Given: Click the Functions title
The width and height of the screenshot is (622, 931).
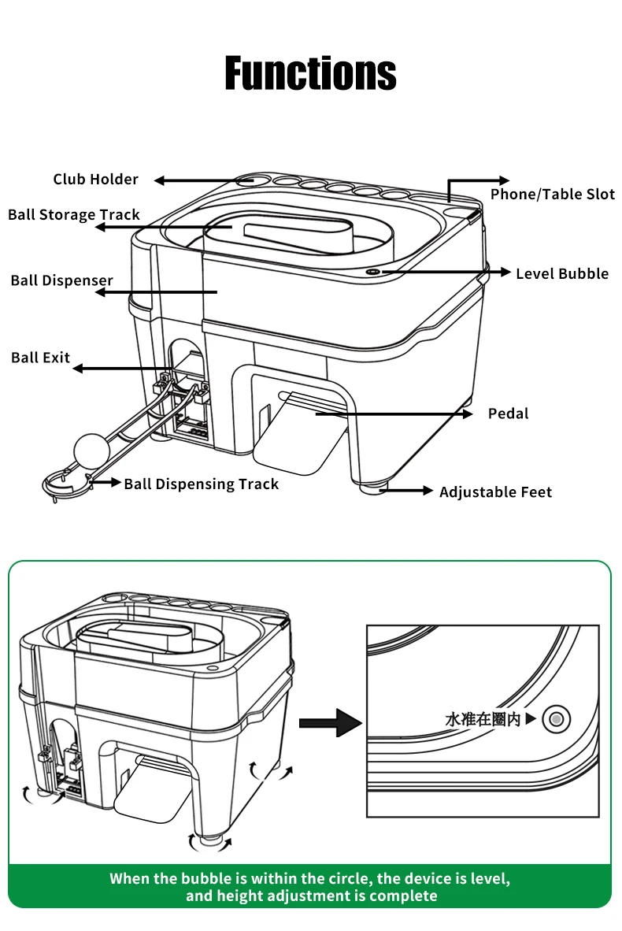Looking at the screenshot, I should [x=310, y=73].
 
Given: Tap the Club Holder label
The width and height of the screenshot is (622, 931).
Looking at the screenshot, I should [x=95, y=180].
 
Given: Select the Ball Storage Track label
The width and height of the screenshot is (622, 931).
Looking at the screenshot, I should [x=74, y=215].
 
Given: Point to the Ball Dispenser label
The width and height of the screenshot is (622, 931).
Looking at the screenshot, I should [x=62, y=280].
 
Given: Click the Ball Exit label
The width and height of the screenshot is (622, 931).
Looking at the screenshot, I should [x=41, y=358].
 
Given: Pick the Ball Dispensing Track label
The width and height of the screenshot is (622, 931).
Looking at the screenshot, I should [x=202, y=484].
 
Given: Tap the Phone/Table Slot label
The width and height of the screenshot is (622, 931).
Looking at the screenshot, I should [x=553, y=195].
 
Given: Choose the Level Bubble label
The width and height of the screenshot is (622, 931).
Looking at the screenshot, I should [x=562, y=274].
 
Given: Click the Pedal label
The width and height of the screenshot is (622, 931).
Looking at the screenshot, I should [x=508, y=414].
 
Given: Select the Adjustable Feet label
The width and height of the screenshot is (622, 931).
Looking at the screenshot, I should [x=495, y=492].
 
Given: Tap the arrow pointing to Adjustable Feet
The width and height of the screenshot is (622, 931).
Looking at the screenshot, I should [x=408, y=491].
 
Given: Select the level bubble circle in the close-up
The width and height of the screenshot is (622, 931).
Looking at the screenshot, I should [x=557, y=718].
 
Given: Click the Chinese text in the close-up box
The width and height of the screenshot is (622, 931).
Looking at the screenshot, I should [x=483, y=719].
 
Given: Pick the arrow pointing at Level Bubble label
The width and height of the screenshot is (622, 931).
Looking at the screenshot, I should [x=441, y=273].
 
